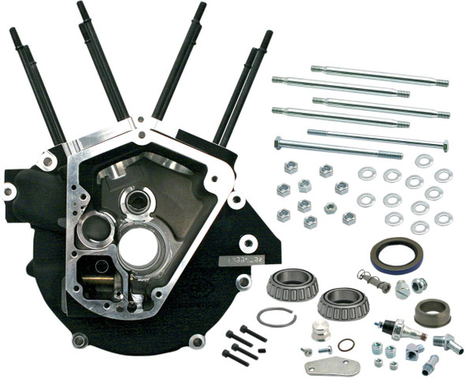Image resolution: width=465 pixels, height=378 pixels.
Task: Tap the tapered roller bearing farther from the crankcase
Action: coord(343,302)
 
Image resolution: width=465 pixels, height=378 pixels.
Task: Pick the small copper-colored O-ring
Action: coord(345,344)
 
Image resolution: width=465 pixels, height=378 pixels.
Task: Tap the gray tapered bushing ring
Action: coord(431,312)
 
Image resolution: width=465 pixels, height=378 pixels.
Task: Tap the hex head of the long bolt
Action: coord(278,143)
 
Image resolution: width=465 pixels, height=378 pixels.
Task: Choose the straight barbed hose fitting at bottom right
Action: coord(431,365)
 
